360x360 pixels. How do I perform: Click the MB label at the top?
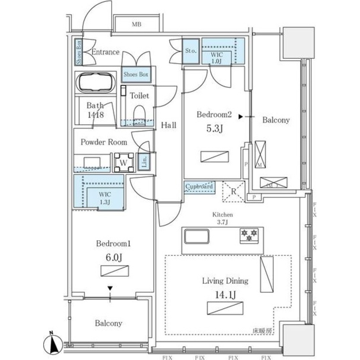click(136, 24)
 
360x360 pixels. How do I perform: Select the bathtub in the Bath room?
click(95, 82)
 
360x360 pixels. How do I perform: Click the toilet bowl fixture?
click(139, 113)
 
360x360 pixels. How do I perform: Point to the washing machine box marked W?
click(123, 162)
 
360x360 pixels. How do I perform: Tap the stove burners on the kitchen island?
click(249, 235)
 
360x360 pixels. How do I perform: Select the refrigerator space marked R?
click(233, 191)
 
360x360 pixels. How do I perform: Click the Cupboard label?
click(199, 186)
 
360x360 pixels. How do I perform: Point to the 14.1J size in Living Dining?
click(224, 296)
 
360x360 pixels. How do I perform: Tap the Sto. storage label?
click(190, 51)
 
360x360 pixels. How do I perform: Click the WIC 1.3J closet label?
click(105, 197)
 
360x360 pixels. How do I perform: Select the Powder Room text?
click(104, 142)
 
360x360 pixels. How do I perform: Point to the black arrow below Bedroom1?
click(110, 288)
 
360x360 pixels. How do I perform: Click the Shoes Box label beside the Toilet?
click(136, 75)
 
